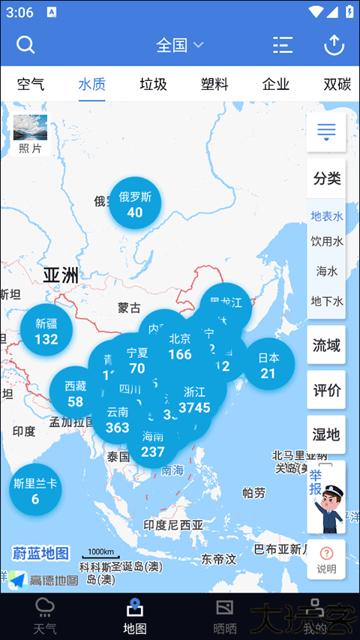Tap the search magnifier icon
tap(25, 45)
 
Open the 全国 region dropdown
tap(179, 45)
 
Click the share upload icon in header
tap(334, 45)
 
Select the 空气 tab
tap(31, 84)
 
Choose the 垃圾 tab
tap(153, 84)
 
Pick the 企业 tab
tap(276, 84)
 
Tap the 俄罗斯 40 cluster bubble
tap(135, 204)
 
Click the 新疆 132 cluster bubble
tap(46, 331)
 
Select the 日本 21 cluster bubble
tap(268, 365)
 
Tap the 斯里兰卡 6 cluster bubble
tap(34, 491)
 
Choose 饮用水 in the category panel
tap(326, 242)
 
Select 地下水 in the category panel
tap(326, 301)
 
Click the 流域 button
tap(326, 346)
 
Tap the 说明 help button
tap(326, 560)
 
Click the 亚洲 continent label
tap(61, 275)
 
